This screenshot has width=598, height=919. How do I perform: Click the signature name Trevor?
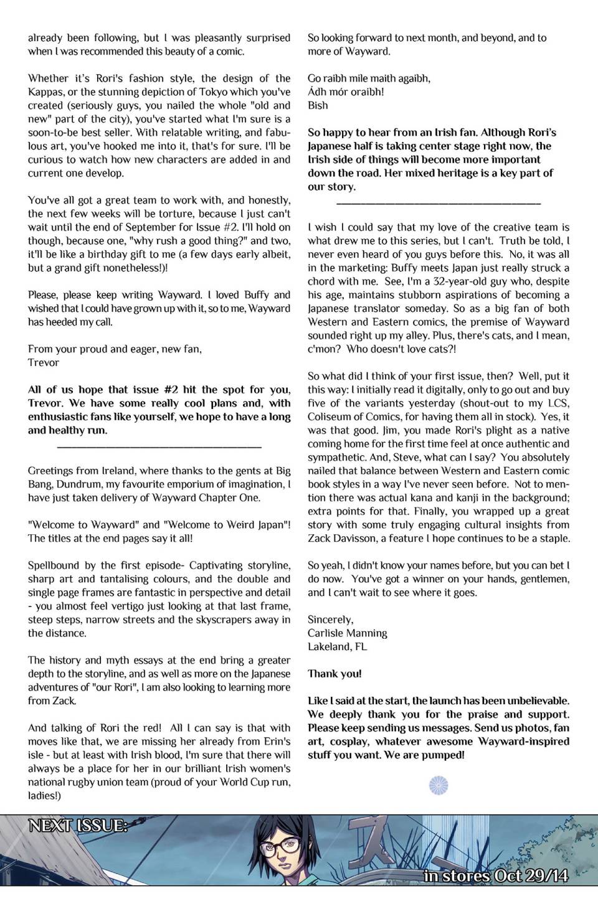tap(44, 362)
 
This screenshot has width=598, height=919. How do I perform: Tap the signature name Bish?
tap(318, 105)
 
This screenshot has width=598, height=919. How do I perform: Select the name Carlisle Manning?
tap(347, 633)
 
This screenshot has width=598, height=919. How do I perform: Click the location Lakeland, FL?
tap(337, 647)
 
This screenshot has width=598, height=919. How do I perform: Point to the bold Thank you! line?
tap(335, 674)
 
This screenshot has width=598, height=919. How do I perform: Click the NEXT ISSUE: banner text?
tap(78, 826)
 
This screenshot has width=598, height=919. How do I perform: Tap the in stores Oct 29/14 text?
tap(496, 875)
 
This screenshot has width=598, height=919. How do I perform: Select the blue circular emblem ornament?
tap(439, 786)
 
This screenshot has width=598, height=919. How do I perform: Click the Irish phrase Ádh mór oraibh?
tap(346, 92)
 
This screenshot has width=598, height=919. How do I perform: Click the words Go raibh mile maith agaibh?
tap(368, 78)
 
